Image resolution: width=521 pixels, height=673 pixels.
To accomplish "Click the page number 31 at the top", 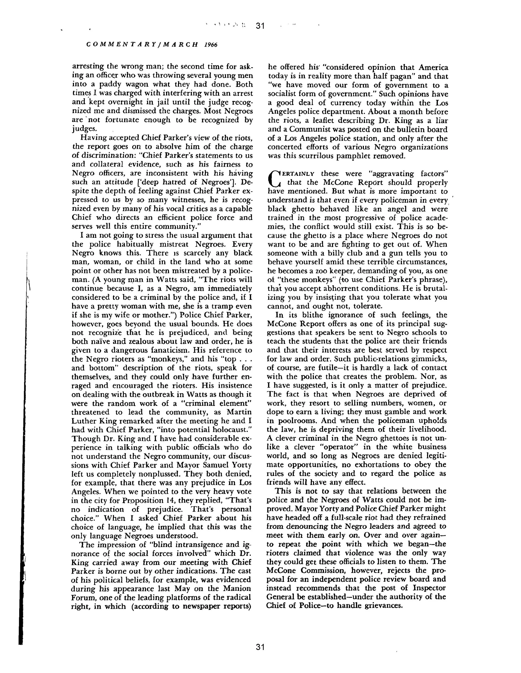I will click(260, 26).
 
